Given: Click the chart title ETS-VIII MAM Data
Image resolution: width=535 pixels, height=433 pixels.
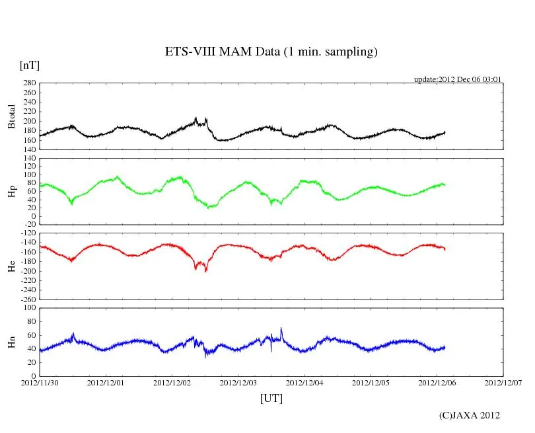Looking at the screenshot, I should [x=271, y=52].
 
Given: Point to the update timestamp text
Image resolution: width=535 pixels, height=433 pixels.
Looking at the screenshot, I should [x=458, y=79].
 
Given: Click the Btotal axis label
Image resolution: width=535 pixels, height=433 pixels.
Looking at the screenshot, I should [x=11, y=116].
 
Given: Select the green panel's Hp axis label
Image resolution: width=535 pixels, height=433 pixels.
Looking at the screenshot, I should [x=11, y=191].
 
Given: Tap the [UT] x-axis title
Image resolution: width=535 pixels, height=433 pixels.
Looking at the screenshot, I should [x=271, y=398].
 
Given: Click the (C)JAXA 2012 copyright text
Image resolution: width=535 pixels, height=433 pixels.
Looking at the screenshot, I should [x=470, y=415].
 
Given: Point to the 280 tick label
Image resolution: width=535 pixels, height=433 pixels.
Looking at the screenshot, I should [x=28, y=83].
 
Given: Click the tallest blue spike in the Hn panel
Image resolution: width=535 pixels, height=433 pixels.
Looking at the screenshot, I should [x=281, y=328].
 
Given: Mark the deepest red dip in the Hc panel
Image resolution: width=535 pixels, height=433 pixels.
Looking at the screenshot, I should [x=206, y=271].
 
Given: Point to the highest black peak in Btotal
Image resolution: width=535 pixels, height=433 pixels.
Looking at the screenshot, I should [x=196, y=118].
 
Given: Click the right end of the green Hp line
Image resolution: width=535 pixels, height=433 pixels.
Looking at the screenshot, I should [x=445, y=184].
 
